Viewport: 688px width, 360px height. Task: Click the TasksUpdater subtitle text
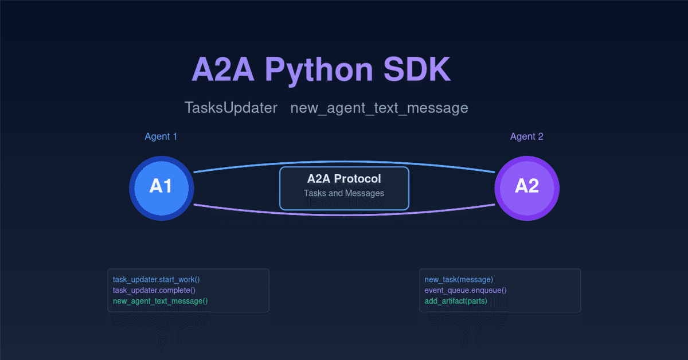pos(231,108)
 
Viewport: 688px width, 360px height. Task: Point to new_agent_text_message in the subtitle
pos(379,108)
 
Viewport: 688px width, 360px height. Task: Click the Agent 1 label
pos(161,136)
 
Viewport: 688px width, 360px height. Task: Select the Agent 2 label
pos(526,136)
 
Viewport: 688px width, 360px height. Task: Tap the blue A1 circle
pos(161,187)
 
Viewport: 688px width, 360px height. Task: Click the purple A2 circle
pos(526,187)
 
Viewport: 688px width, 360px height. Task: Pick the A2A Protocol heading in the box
pos(344,179)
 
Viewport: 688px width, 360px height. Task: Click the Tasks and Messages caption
pos(344,193)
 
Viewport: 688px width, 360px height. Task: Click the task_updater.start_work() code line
pos(156,280)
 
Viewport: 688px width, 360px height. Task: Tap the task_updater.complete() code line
pos(154,290)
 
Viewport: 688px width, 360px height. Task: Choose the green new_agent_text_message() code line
pos(160,301)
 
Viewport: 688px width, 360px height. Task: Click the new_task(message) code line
pos(459,280)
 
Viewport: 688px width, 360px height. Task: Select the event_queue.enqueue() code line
pos(466,290)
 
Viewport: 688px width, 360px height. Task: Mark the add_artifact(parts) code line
pos(456,301)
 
